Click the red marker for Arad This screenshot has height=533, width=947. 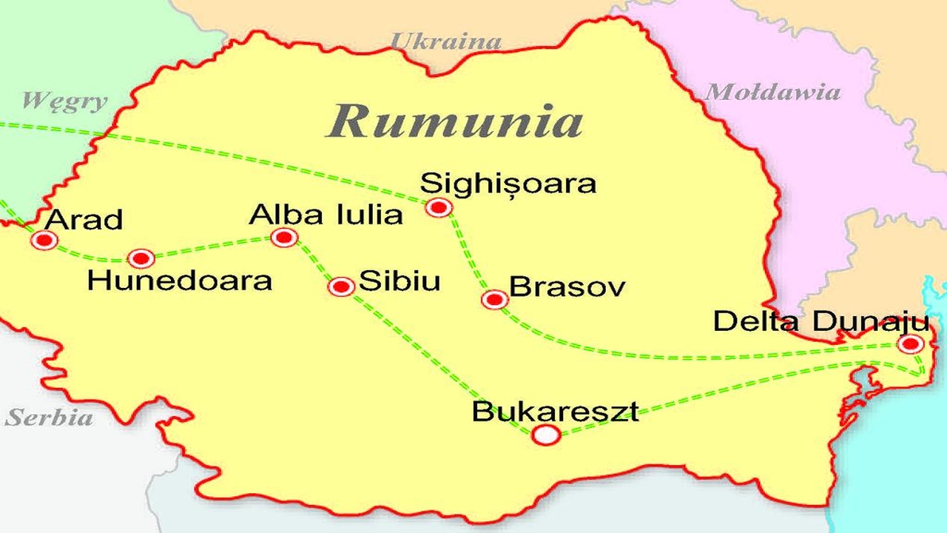[45, 240]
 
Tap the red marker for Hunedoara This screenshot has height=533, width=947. [141, 258]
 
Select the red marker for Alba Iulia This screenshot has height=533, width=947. [284, 238]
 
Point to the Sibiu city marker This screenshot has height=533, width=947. [342, 286]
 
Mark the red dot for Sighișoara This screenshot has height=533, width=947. [439, 207]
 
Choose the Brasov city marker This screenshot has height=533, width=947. [494, 299]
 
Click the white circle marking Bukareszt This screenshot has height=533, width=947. [546, 435]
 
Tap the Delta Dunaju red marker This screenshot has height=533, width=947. [911, 343]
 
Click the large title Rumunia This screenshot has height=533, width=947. [454, 120]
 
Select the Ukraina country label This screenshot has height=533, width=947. [445, 41]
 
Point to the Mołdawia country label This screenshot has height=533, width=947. [772, 93]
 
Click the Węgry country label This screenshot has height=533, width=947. [64, 101]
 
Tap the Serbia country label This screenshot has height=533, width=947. [50, 418]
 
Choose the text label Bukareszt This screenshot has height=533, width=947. [555, 412]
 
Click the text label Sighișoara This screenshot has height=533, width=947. [508, 183]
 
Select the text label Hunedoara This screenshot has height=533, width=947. [180, 281]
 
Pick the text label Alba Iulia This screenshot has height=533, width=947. [326, 215]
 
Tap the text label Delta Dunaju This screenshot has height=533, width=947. [820, 322]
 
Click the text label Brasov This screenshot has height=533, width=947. [567, 287]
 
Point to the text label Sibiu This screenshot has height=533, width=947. [400, 281]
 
